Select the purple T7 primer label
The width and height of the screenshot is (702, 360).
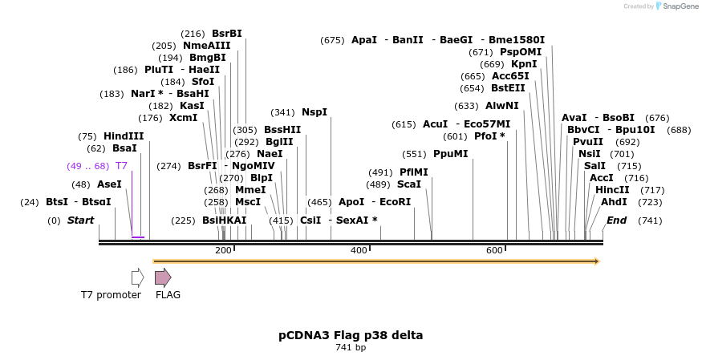(121, 165)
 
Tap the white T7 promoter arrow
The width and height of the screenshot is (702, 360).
(137, 277)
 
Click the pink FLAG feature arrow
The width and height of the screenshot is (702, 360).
(163, 277)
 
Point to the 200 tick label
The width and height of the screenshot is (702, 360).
(223, 251)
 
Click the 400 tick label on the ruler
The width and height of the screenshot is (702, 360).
(359, 251)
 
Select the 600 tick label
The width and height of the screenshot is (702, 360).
(494, 251)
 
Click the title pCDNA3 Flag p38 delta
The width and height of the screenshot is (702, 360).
(351, 334)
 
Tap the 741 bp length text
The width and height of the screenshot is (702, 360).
(351, 347)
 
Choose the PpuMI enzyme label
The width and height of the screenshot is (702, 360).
(450, 154)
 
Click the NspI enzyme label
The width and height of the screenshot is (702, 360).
(314, 112)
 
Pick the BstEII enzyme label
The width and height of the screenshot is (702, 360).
(508, 88)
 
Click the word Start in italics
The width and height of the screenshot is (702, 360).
(80, 220)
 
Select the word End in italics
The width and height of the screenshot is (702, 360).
(617, 220)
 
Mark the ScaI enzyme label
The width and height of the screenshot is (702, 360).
(409, 184)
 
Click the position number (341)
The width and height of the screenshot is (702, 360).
(282, 112)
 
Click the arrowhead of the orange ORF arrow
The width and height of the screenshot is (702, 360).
(596, 261)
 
